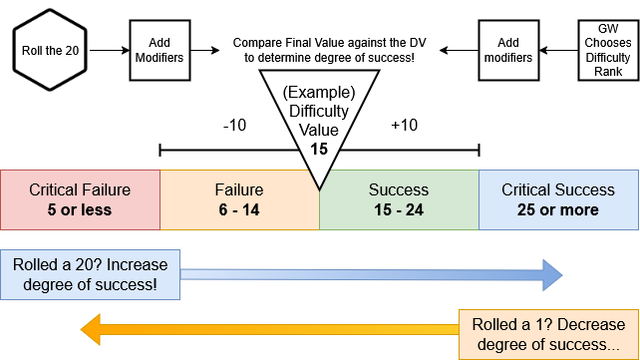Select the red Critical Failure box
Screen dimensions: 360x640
point(80,199)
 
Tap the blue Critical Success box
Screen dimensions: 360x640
point(558,199)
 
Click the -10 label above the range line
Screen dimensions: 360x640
point(235,127)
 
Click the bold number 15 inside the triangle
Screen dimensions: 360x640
point(318,149)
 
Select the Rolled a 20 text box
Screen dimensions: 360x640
point(91,275)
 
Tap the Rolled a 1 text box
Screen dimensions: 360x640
point(547,334)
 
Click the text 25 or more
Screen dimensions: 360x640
point(558,209)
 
